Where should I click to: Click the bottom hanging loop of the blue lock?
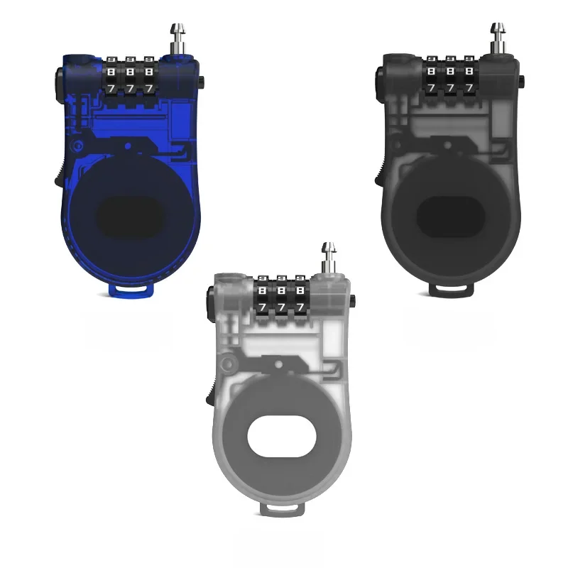tap(132, 290)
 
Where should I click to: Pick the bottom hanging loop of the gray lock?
tap(285, 509)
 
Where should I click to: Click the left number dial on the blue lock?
tap(112, 79)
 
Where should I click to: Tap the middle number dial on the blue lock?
tap(130, 79)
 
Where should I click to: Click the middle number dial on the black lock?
tap(450, 79)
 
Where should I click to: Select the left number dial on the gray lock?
tap(264, 297)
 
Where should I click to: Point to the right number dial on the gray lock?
tap(300, 297)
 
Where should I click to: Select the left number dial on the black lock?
tap(432, 79)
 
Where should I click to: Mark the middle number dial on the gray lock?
tap(283, 297)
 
